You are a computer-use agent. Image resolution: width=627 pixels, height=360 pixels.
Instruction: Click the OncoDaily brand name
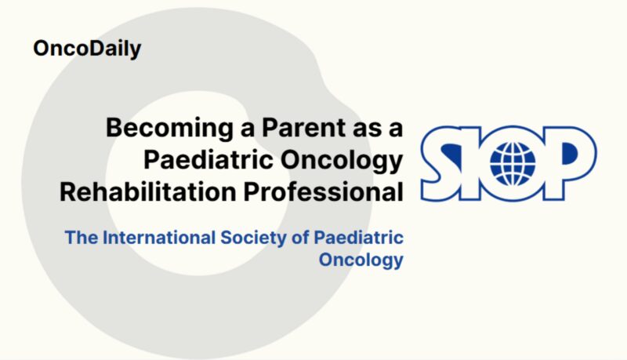87,49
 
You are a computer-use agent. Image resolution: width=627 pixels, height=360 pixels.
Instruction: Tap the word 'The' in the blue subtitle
80,237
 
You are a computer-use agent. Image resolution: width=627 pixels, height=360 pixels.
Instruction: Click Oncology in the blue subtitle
361,260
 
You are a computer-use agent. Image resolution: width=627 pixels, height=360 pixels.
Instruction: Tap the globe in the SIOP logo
513,162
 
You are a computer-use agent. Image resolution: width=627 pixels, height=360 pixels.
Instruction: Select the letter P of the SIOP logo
572,161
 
